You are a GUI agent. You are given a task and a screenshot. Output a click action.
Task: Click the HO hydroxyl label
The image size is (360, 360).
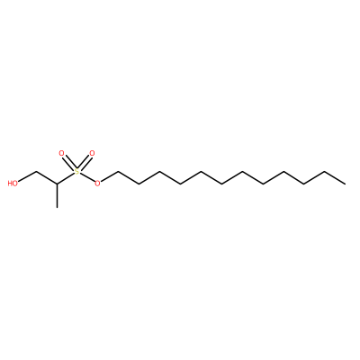pyautogui.click(x=13, y=183)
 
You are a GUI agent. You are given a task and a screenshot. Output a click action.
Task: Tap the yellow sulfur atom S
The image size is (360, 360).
pyautogui.click(x=76, y=172)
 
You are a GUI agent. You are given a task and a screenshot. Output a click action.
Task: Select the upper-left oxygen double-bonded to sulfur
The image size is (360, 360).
pyautogui.click(x=61, y=154)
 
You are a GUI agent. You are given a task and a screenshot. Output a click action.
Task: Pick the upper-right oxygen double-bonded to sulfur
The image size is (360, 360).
pyautogui.click(x=92, y=154)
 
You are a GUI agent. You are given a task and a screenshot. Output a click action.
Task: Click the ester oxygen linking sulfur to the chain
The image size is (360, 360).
pyautogui.click(x=97, y=183)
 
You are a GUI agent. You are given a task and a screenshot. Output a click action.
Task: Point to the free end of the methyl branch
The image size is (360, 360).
pyautogui.click(x=57, y=207)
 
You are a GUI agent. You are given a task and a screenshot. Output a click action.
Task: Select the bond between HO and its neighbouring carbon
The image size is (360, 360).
pyautogui.click(x=27, y=177)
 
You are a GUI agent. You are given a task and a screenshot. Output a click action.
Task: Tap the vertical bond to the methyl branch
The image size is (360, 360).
pyautogui.click(x=57, y=195)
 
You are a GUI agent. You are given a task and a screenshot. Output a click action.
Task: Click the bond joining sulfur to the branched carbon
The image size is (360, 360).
pyautogui.click(x=66, y=178)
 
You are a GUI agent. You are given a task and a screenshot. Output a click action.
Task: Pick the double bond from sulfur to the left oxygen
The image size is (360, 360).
pyautogui.click(x=68, y=162)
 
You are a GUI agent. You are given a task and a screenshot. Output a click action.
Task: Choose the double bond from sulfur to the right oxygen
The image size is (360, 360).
pyautogui.click(x=85, y=162)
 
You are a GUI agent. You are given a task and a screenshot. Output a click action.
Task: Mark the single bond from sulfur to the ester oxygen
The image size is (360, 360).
pyautogui.click(x=87, y=177)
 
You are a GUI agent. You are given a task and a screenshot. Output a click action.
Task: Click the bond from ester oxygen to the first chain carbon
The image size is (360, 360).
pyautogui.click(x=109, y=177)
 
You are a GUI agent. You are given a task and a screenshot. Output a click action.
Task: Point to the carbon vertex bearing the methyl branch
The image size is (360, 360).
pyautogui.click(x=57, y=184)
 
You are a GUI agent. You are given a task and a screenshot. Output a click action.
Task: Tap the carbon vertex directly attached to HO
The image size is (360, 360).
pyautogui.click(x=36, y=172)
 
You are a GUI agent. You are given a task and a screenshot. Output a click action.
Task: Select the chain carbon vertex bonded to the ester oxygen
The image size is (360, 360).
pyautogui.click(x=118, y=172)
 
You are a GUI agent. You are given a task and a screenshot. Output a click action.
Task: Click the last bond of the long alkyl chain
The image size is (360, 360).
pyautogui.click(x=335, y=177)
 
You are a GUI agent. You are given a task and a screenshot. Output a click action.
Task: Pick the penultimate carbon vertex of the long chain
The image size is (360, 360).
pyautogui.click(x=325, y=172)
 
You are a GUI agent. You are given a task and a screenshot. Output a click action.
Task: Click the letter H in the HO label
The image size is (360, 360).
pyautogui.click(x=10, y=183)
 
